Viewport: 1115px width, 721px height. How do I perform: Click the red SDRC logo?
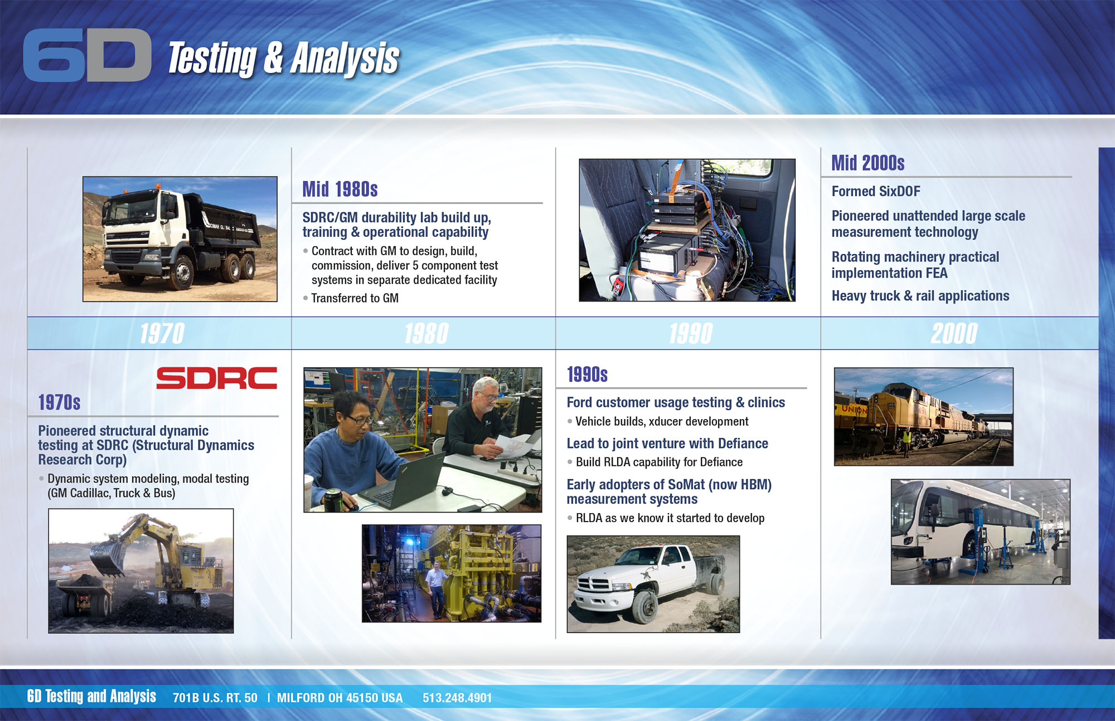click(x=216, y=378)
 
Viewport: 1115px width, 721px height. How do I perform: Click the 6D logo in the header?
click(x=88, y=55)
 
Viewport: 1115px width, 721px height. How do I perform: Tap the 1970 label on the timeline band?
click(x=162, y=334)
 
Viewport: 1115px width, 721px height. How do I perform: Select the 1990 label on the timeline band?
click(x=691, y=334)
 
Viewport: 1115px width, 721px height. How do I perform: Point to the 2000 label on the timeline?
click(x=954, y=334)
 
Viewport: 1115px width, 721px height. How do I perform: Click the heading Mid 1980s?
click(x=340, y=189)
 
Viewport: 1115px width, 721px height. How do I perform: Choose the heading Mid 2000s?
click(x=868, y=163)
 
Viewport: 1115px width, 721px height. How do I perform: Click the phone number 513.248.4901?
click(x=457, y=698)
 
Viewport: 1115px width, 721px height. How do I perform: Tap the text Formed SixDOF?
click(x=876, y=191)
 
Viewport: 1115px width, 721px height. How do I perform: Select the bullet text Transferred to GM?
click(x=355, y=298)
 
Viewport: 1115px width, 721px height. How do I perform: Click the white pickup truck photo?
click(x=653, y=584)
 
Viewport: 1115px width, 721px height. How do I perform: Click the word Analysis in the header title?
click(x=345, y=58)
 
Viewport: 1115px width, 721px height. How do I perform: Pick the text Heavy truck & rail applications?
click(x=920, y=296)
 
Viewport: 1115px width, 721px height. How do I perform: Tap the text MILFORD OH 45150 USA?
click(x=340, y=698)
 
